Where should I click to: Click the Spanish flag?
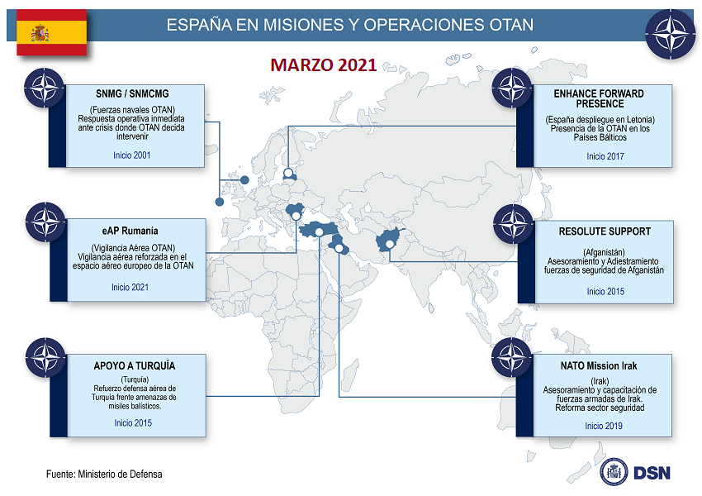[x=51, y=33]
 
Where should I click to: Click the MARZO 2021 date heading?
[x=323, y=65]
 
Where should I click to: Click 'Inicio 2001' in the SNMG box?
[x=132, y=155]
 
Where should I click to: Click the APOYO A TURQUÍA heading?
[x=135, y=365]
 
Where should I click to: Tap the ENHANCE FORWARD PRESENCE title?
[x=599, y=99]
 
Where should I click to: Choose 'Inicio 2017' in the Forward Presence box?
[x=605, y=155]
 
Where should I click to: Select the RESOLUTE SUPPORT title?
[x=605, y=231]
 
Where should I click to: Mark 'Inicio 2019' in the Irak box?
[x=604, y=426]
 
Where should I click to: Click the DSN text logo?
[x=652, y=473]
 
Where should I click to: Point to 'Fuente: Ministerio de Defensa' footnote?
[x=104, y=475]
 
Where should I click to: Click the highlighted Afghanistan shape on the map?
[x=389, y=241]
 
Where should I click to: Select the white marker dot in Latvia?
[x=288, y=174]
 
